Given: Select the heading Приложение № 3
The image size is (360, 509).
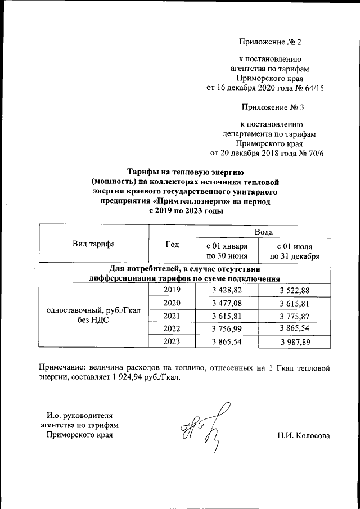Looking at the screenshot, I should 272,107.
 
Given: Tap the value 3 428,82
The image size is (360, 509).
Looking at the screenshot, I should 226,290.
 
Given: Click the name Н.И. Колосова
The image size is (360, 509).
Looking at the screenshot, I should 303,436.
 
